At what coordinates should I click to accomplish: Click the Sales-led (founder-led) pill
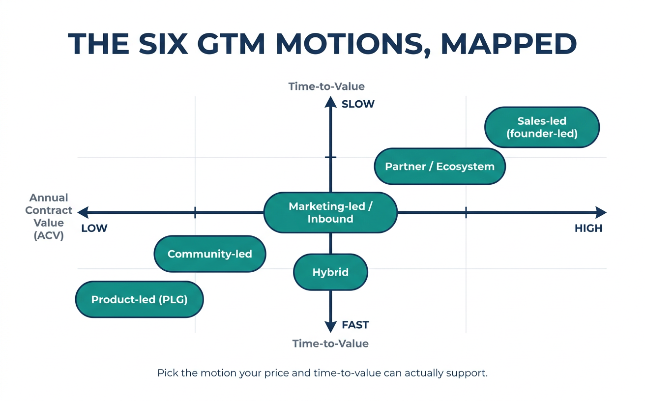[x=542, y=127]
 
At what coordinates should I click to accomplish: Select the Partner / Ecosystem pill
[x=440, y=167]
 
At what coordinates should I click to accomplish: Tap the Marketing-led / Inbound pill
[x=330, y=212]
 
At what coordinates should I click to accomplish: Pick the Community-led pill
[x=210, y=254]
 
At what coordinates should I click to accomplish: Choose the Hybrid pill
[x=330, y=272]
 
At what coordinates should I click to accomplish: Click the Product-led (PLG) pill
[x=139, y=299]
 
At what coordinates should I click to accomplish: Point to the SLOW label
[x=358, y=104]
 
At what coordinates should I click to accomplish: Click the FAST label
[x=355, y=325]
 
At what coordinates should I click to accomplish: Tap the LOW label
[x=94, y=229]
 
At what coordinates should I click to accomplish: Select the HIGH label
[x=588, y=229]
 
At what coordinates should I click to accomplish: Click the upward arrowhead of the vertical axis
[x=330, y=102]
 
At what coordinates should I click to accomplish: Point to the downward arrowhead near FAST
[x=330, y=327]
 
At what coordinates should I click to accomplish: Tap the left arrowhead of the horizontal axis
[x=83, y=212]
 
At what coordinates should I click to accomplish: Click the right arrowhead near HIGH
[x=601, y=212]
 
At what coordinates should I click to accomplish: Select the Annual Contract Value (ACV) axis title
[x=49, y=217]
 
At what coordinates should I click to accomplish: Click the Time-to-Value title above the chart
[x=326, y=86]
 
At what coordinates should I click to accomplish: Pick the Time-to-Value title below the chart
[x=330, y=344]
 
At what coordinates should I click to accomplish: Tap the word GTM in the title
[x=231, y=44]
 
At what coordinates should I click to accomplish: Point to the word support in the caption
[x=467, y=373]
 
